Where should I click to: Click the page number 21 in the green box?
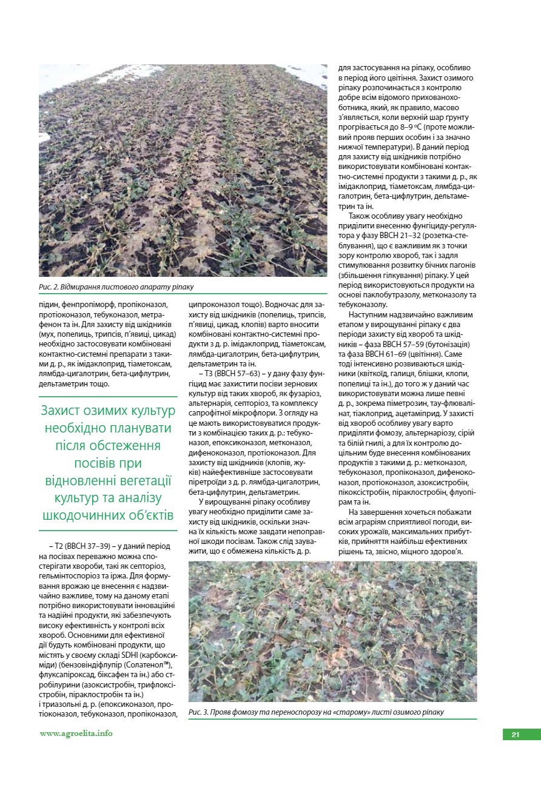click(515, 735)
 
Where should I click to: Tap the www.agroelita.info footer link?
click(76, 734)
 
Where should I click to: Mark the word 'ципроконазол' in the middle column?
click(215, 305)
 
